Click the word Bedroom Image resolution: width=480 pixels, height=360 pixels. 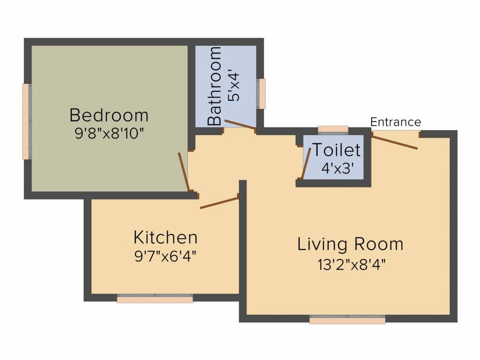click(x=109, y=115)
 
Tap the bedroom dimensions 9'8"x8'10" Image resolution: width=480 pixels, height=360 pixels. click(x=109, y=133)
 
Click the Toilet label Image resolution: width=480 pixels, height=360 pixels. click(x=337, y=150)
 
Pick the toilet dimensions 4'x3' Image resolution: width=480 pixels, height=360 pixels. click(x=337, y=168)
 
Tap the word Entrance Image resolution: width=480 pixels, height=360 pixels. click(x=396, y=122)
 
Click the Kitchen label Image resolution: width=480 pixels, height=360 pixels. click(x=165, y=237)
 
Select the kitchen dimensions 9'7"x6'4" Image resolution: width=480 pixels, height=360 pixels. click(x=165, y=256)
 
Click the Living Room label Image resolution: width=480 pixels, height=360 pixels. click(x=350, y=244)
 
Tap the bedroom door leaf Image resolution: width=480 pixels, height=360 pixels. click(x=184, y=172)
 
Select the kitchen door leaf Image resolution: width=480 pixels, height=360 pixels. click(x=219, y=202)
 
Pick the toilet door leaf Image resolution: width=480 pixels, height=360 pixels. click(x=306, y=163)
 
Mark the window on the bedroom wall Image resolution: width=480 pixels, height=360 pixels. click(x=27, y=121)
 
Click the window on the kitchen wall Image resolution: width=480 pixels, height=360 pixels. click(x=155, y=298)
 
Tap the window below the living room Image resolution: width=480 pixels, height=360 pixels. click(x=347, y=319)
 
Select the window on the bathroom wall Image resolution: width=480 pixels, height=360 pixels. click(x=262, y=93)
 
